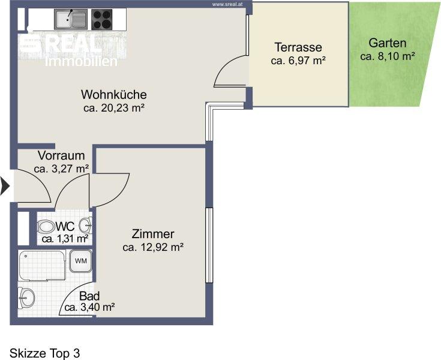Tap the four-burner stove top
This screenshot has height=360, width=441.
tap(102, 19)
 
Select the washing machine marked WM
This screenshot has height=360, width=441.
tap(81, 261)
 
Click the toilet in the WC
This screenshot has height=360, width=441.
tap(46, 227)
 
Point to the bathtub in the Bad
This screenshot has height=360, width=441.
tap(42, 265)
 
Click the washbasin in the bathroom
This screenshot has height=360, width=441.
tap(26, 298)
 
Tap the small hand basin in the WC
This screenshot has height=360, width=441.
tap(86, 225)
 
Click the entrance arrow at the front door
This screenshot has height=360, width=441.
tap(5, 186)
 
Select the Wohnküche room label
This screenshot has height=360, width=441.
tap(114, 95)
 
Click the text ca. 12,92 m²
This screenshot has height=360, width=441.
tap(153, 247)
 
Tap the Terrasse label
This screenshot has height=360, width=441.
tap(298, 47)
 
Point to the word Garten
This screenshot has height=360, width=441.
tap(387, 43)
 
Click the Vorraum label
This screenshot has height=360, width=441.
tap(61, 155)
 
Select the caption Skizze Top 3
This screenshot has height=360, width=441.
tap(45, 353)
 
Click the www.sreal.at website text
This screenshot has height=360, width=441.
tap(227, 4)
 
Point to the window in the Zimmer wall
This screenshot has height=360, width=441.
tap(209, 245)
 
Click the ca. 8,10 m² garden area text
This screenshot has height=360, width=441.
tap(387, 56)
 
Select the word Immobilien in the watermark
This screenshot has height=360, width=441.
tap(81, 62)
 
